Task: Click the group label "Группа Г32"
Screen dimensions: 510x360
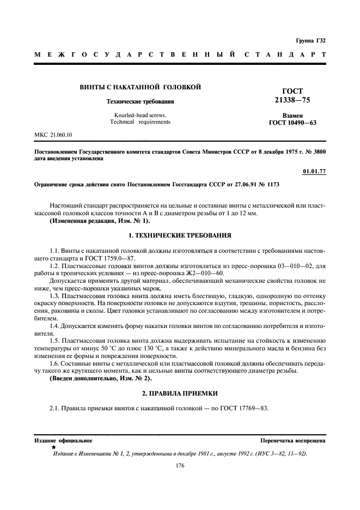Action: (311, 41)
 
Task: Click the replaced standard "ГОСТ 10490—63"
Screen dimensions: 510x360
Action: (292, 123)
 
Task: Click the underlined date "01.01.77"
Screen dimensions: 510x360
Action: (314, 172)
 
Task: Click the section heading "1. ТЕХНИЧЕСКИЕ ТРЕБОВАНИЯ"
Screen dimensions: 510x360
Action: (179, 235)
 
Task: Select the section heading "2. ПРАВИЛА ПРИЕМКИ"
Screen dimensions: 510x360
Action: (179, 393)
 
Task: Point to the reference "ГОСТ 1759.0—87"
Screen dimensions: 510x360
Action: (109, 258)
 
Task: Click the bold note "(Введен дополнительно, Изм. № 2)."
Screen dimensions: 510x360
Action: (101, 378)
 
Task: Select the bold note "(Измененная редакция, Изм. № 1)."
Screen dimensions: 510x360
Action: (99, 220)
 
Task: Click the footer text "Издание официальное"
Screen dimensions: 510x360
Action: (63, 440)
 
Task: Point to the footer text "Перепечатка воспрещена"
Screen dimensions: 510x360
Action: (293, 440)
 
